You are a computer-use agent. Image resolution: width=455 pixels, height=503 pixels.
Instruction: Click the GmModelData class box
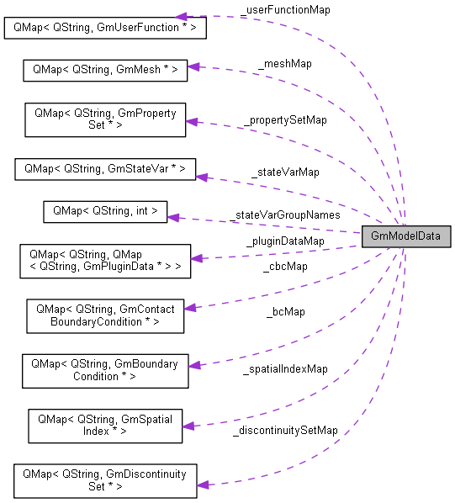[405, 236]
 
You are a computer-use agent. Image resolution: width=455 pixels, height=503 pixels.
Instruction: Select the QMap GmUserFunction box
[105, 27]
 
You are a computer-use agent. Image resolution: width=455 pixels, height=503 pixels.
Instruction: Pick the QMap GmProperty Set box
[105, 119]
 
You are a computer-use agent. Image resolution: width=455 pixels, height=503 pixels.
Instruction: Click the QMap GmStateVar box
[105, 168]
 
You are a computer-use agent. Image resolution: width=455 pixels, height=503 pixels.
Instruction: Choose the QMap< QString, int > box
[105, 211]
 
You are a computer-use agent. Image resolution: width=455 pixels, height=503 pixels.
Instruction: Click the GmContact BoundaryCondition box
[105, 315]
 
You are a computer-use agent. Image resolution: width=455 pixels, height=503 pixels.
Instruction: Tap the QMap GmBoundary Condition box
[104, 369]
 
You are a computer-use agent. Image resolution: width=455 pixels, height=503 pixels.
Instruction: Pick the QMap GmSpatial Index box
[105, 425]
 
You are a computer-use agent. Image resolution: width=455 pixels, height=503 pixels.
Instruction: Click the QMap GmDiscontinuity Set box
[105, 479]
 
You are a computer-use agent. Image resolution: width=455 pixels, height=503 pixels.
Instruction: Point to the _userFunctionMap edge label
[285, 9]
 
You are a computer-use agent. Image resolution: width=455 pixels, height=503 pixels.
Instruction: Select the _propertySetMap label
[285, 119]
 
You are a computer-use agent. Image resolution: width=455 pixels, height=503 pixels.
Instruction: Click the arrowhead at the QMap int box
[173, 216]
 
